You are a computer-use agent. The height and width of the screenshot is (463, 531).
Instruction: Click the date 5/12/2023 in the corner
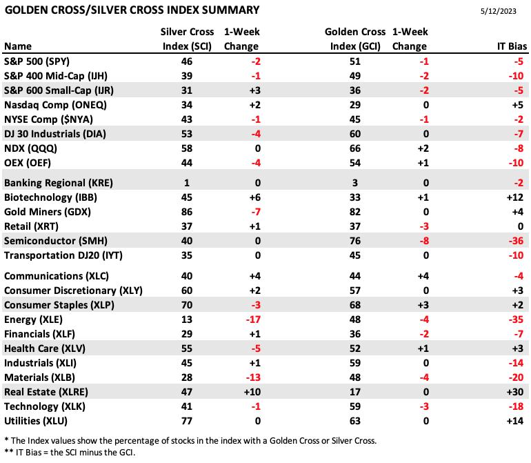[498, 11]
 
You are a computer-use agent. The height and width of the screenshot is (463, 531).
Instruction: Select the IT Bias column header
[512, 46]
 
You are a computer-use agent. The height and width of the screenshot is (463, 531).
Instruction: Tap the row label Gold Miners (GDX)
[48, 212]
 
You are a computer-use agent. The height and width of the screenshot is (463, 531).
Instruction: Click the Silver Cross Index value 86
[187, 212]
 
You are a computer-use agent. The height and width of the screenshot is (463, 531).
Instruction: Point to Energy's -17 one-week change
[253, 319]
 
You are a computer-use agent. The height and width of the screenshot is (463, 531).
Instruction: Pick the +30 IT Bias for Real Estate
[514, 392]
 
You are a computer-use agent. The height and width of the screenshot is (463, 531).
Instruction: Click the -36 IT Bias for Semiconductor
[516, 241]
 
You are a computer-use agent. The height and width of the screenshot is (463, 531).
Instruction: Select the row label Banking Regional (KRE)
[58, 183]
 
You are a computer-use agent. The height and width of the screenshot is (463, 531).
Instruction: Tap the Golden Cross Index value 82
[355, 212]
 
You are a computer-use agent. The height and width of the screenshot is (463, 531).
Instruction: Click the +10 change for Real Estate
[252, 392]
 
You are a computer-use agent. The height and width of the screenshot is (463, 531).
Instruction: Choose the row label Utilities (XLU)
[36, 421]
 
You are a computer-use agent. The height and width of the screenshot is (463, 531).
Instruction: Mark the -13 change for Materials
[253, 377]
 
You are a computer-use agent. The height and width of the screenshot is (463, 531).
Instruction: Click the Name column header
[18, 46]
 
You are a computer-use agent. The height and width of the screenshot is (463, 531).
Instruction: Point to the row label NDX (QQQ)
[30, 148]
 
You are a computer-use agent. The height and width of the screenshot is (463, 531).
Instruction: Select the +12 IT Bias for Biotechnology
[514, 197]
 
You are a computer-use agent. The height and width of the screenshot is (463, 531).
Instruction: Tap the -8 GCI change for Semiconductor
[424, 241]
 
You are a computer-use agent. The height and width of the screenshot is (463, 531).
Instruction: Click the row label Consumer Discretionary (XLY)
[73, 290]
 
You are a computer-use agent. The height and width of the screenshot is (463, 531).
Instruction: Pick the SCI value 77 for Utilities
[187, 421]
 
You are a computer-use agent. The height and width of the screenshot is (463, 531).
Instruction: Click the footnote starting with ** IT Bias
[70, 452]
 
